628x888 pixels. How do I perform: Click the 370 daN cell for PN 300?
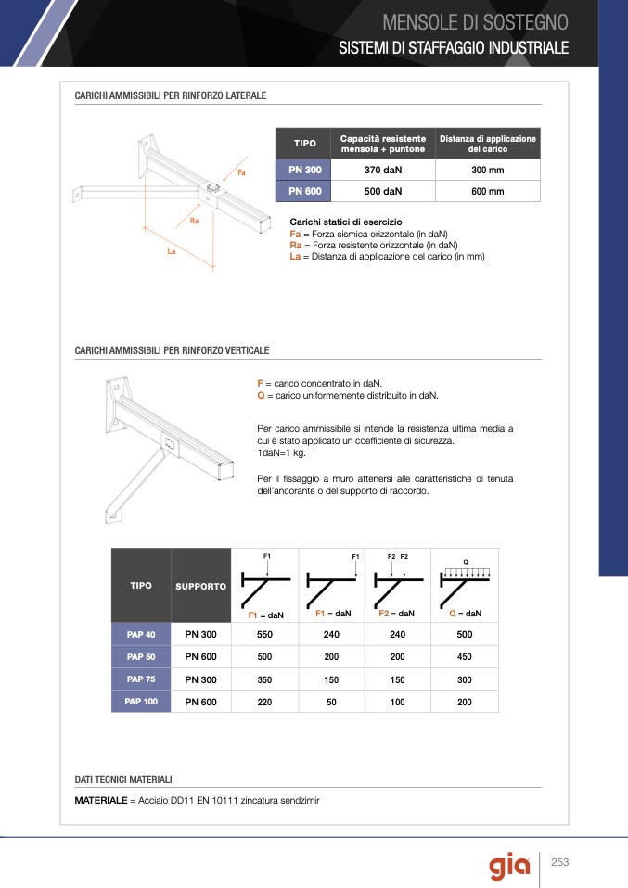383,171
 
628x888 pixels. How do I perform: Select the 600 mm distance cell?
487,192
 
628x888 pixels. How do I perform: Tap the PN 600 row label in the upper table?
304,192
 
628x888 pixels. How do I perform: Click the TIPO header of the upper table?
304,144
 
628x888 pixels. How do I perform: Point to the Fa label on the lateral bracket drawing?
241,173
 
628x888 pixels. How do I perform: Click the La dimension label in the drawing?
172,252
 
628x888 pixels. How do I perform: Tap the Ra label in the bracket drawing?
194,222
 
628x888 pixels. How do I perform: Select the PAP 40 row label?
141,635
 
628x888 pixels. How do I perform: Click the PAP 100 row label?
141,702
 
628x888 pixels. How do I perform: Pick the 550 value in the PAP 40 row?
264,635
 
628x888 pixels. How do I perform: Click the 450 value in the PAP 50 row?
464,657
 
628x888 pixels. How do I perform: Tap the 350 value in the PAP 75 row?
264,679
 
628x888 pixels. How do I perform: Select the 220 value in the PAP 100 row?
264,703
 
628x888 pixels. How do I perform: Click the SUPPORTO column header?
200,587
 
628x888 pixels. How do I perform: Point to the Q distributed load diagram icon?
465,580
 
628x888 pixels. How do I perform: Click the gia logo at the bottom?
510,866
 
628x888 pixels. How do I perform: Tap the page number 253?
559,863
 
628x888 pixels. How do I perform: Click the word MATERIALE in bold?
100,800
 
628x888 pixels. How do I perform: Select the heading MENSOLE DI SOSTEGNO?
475,22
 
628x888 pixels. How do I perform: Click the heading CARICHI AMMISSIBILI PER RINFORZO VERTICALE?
172,350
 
